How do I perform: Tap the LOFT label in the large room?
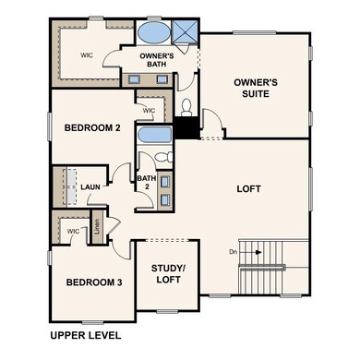[249, 188]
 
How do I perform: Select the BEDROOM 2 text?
[91, 127]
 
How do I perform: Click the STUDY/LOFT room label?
[167, 274]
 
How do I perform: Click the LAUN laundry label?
[90, 187]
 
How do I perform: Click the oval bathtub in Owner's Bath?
[153, 32]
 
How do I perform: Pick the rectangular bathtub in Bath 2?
[150, 138]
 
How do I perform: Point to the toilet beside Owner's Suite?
[186, 107]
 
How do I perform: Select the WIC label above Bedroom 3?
[71, 231]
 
